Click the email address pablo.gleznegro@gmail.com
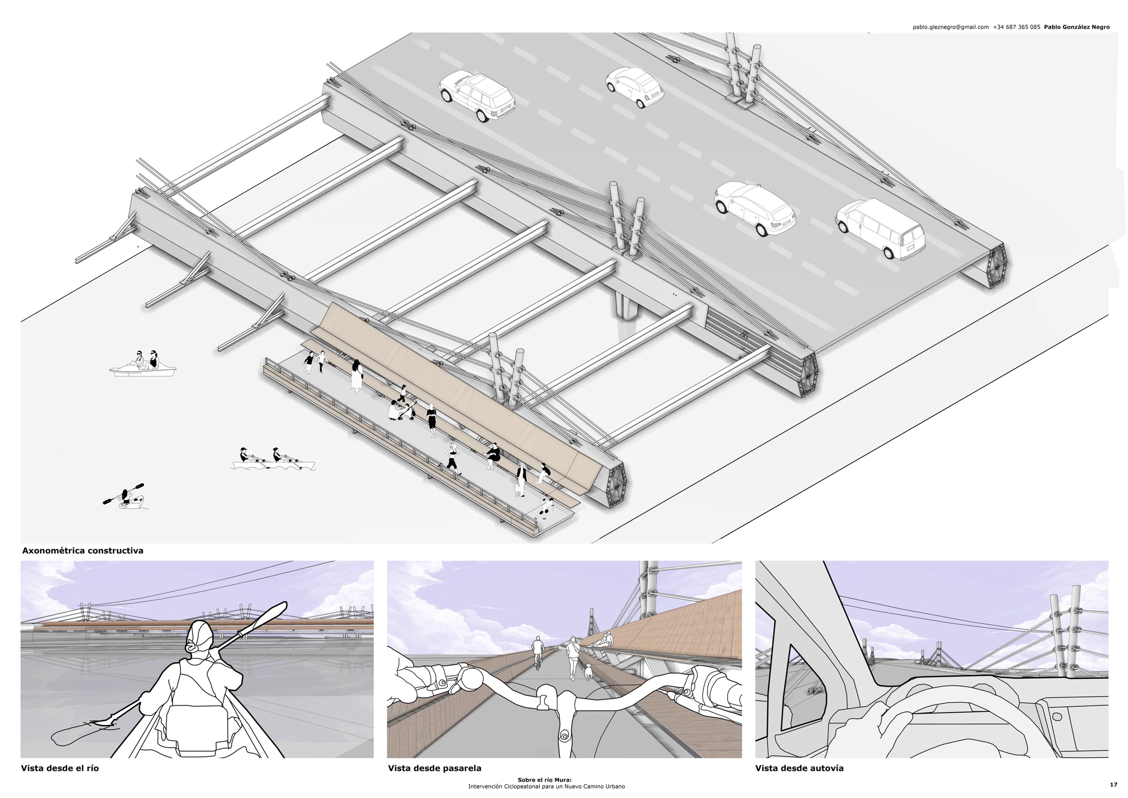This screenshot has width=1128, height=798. (951, 27)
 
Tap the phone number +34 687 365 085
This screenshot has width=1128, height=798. (1016, 27)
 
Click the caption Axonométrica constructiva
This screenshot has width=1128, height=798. (83, 551)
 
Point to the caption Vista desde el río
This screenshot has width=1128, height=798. (60, 768)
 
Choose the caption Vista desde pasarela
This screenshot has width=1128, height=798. (435, 768)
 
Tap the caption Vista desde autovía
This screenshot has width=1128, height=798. (799, 768)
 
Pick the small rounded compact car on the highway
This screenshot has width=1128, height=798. (634, 87)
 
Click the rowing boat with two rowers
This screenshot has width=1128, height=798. (273, 460)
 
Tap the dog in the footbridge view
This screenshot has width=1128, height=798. (587, 672)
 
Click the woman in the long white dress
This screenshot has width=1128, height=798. (357, 376)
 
